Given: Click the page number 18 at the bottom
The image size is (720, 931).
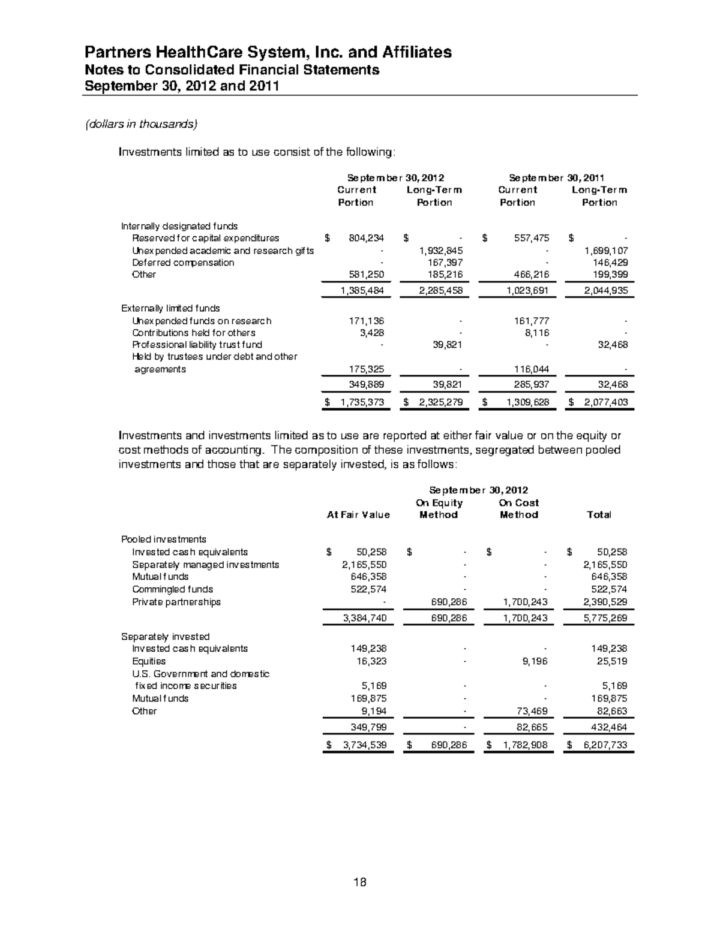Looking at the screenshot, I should tap(359, 882).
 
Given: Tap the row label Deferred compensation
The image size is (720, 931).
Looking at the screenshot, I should tap(183, 263).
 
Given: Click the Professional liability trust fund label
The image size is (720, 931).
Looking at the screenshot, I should tap(197, 345).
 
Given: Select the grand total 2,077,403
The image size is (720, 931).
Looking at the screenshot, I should tap(605, 402).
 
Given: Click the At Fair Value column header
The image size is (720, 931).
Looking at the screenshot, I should tap(358, 515).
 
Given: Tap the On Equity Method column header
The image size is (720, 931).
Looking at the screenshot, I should tap(439, 509).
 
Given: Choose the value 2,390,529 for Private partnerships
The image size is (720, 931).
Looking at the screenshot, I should tap(605, 602).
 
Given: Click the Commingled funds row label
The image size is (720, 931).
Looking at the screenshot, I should tap(172, 589).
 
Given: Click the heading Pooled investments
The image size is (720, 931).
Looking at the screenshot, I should tap(164, 539).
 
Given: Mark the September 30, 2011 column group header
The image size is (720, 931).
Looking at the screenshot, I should tap(556, 177).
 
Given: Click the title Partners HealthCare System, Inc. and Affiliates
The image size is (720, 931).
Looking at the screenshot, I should tap(268, 52).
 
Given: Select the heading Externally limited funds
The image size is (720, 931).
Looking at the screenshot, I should tap(170, 308).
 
